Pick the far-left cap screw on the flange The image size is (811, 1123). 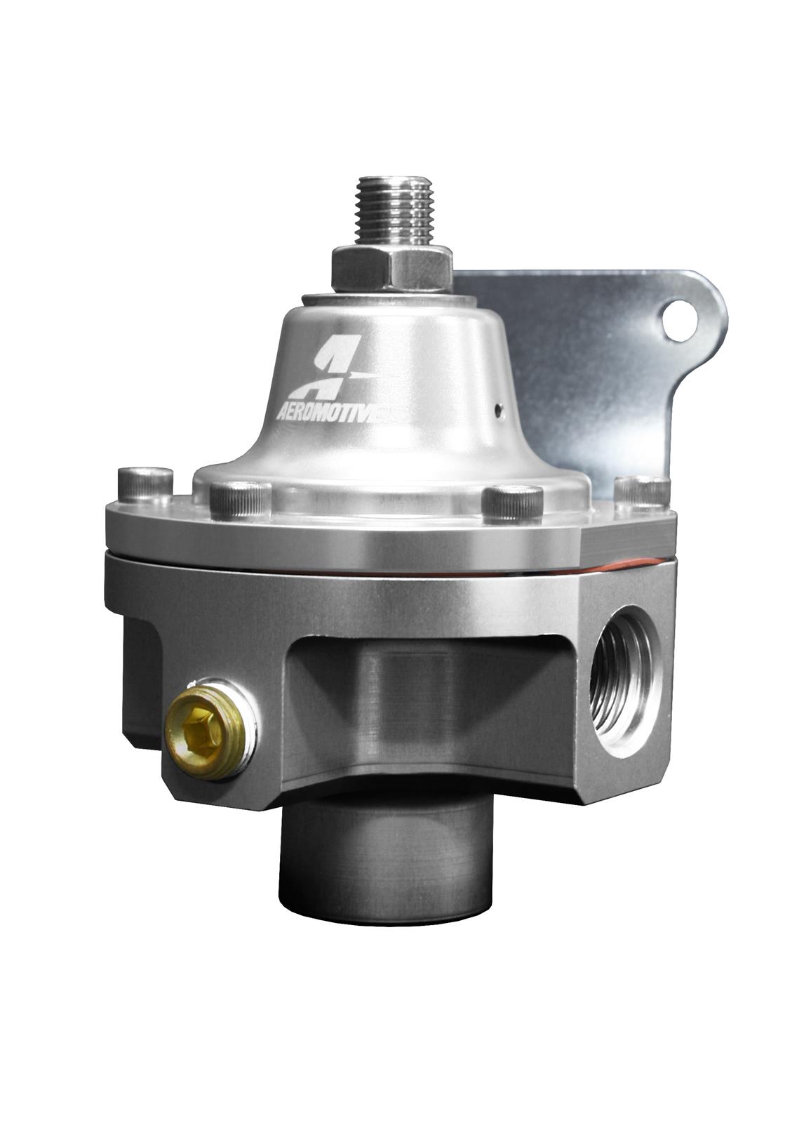pyautogui.click(x=145, y=484)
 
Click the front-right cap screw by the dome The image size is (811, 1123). pyautogui.click(x=512, y=501)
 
